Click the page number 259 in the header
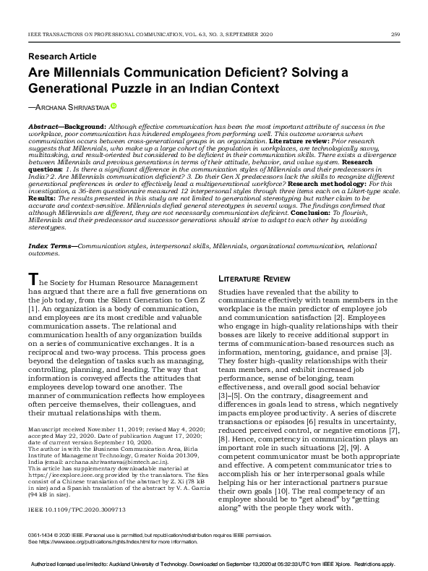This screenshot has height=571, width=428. pyautogui.click(x=395, y=33)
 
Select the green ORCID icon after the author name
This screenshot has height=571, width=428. pyautogui.click(x=114, y=106)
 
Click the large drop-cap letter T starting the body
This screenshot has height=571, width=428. pyautogui.click(x=32, y=279)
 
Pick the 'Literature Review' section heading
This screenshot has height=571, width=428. pyautogui.click(x=250, y=278)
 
